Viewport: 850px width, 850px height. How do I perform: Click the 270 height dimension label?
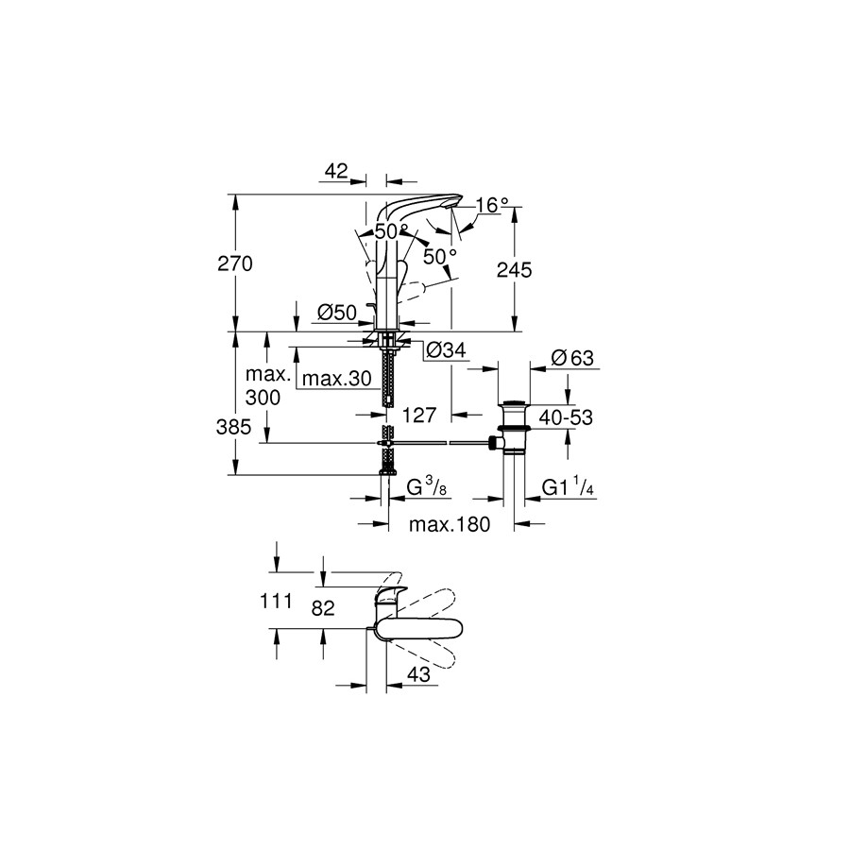[235, 264]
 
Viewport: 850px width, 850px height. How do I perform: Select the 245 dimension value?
[515, 270]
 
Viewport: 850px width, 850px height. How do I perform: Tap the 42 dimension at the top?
[336, 171]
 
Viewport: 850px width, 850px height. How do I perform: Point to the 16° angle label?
[492, 205]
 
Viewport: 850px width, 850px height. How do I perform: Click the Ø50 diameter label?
[336, 313]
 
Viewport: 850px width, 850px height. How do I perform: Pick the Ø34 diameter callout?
[446, 350]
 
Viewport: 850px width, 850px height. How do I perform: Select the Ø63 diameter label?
[572, 358]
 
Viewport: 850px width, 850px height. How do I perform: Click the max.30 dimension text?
[336, 379]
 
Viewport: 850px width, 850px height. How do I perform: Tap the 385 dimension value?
[233, 428]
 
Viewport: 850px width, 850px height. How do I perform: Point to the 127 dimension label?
[419, 416]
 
